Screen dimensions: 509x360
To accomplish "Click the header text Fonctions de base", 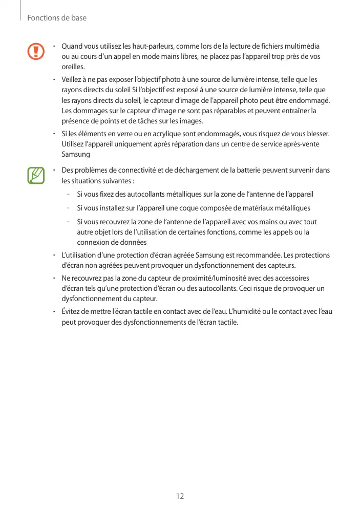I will point(57,18).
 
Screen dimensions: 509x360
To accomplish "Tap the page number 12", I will point(180,496).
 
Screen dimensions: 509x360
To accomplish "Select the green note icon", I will point(36,175).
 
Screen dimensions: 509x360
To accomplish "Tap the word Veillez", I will point(73,79).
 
